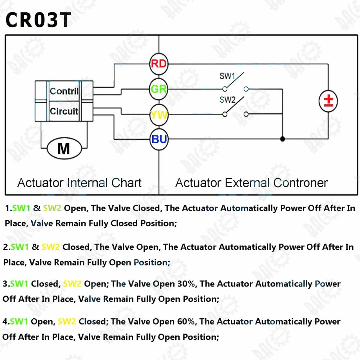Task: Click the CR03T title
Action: [x=39, y=20]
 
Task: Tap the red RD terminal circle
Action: [x=159, y=64]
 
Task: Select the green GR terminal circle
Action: [x=159, y=89]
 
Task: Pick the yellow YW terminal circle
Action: [x=159, y=115]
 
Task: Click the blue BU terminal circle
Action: [x=159, y=139]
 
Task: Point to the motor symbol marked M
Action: [x=64, y=149]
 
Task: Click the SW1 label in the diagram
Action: [x=227, y=76]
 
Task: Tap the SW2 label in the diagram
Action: [x=227, y=100]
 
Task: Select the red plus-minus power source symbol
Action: [x=328, y=101]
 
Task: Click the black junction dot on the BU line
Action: [x=283, y=139]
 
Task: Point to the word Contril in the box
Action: [x=64, y=91]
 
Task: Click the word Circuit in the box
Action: [x=64, y=111]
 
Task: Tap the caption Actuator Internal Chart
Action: [x=80, y=183]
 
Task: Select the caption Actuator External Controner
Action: [x=251, y=183]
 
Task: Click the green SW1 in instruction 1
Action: [x=21, y=208]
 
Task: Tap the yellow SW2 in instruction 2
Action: [x=50, y=247]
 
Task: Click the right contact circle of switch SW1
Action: [x=246, y=89]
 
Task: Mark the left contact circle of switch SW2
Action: [x=225, y=114]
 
